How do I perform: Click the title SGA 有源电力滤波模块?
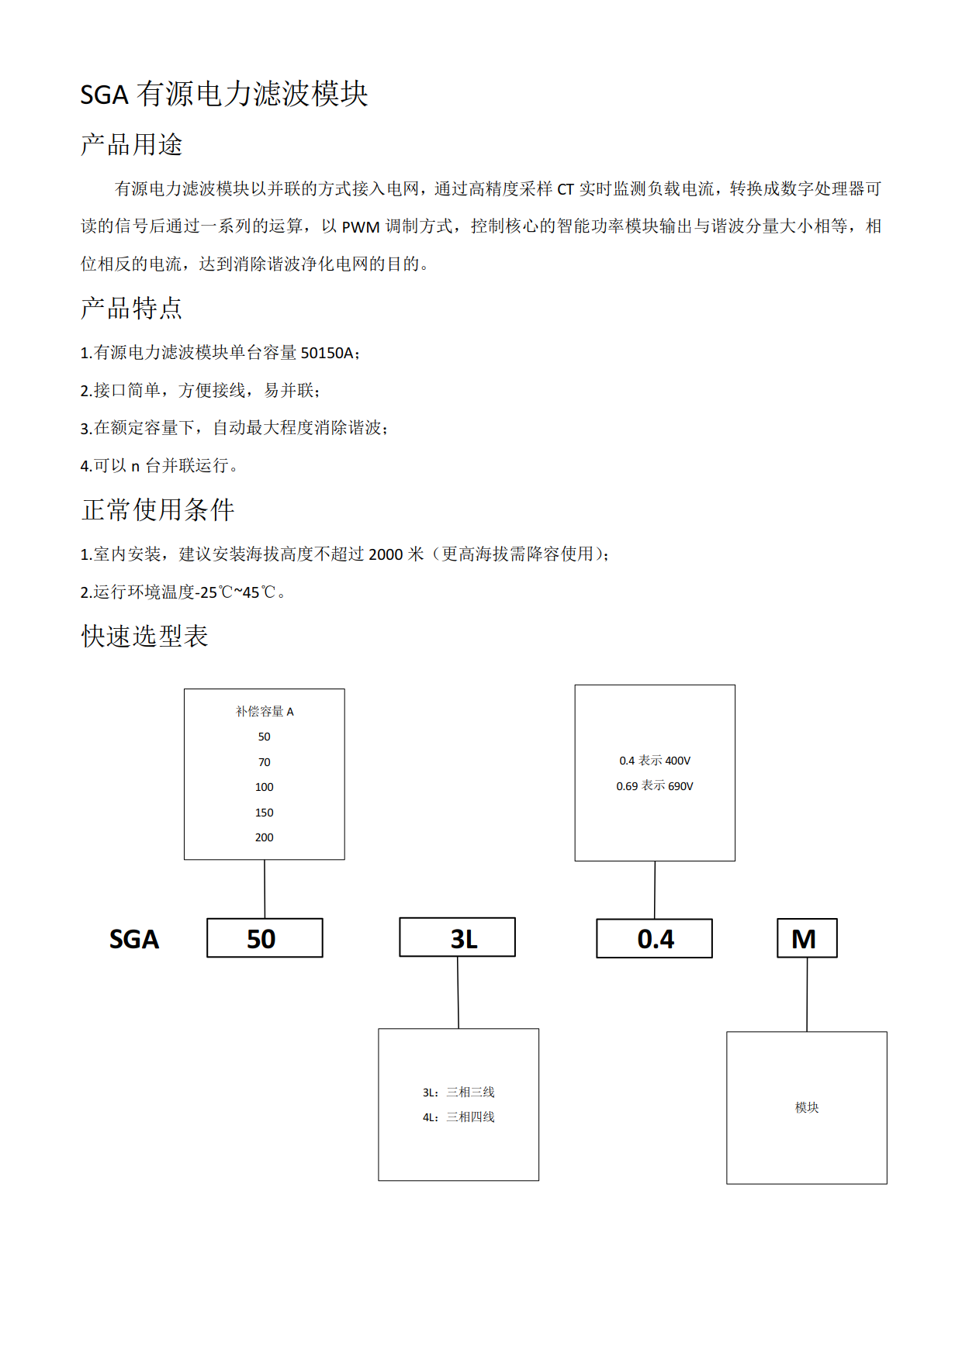point(223,94)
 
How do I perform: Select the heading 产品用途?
point(131,144)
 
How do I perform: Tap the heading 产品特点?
point(131,308)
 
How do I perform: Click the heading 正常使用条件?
point(157,509)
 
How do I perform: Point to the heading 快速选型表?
point(144,636)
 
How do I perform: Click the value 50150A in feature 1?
point(327,353)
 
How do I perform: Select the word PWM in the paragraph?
point(361,226)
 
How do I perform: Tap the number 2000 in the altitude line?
point(385,554)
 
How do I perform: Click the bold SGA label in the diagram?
point(133,939)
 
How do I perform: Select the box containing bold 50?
point(264,938)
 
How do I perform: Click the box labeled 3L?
point(457,938)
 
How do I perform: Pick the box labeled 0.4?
point(654,939)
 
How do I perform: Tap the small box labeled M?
point(806,938)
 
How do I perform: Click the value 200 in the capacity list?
point(264,837)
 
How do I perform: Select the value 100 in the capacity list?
point(264,787)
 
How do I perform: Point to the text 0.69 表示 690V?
point(654,786)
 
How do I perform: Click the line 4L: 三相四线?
point(458,1117)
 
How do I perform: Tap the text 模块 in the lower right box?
point(806,1107)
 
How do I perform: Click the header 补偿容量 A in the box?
point(265,711)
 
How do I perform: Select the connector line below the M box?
point(807,995)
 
